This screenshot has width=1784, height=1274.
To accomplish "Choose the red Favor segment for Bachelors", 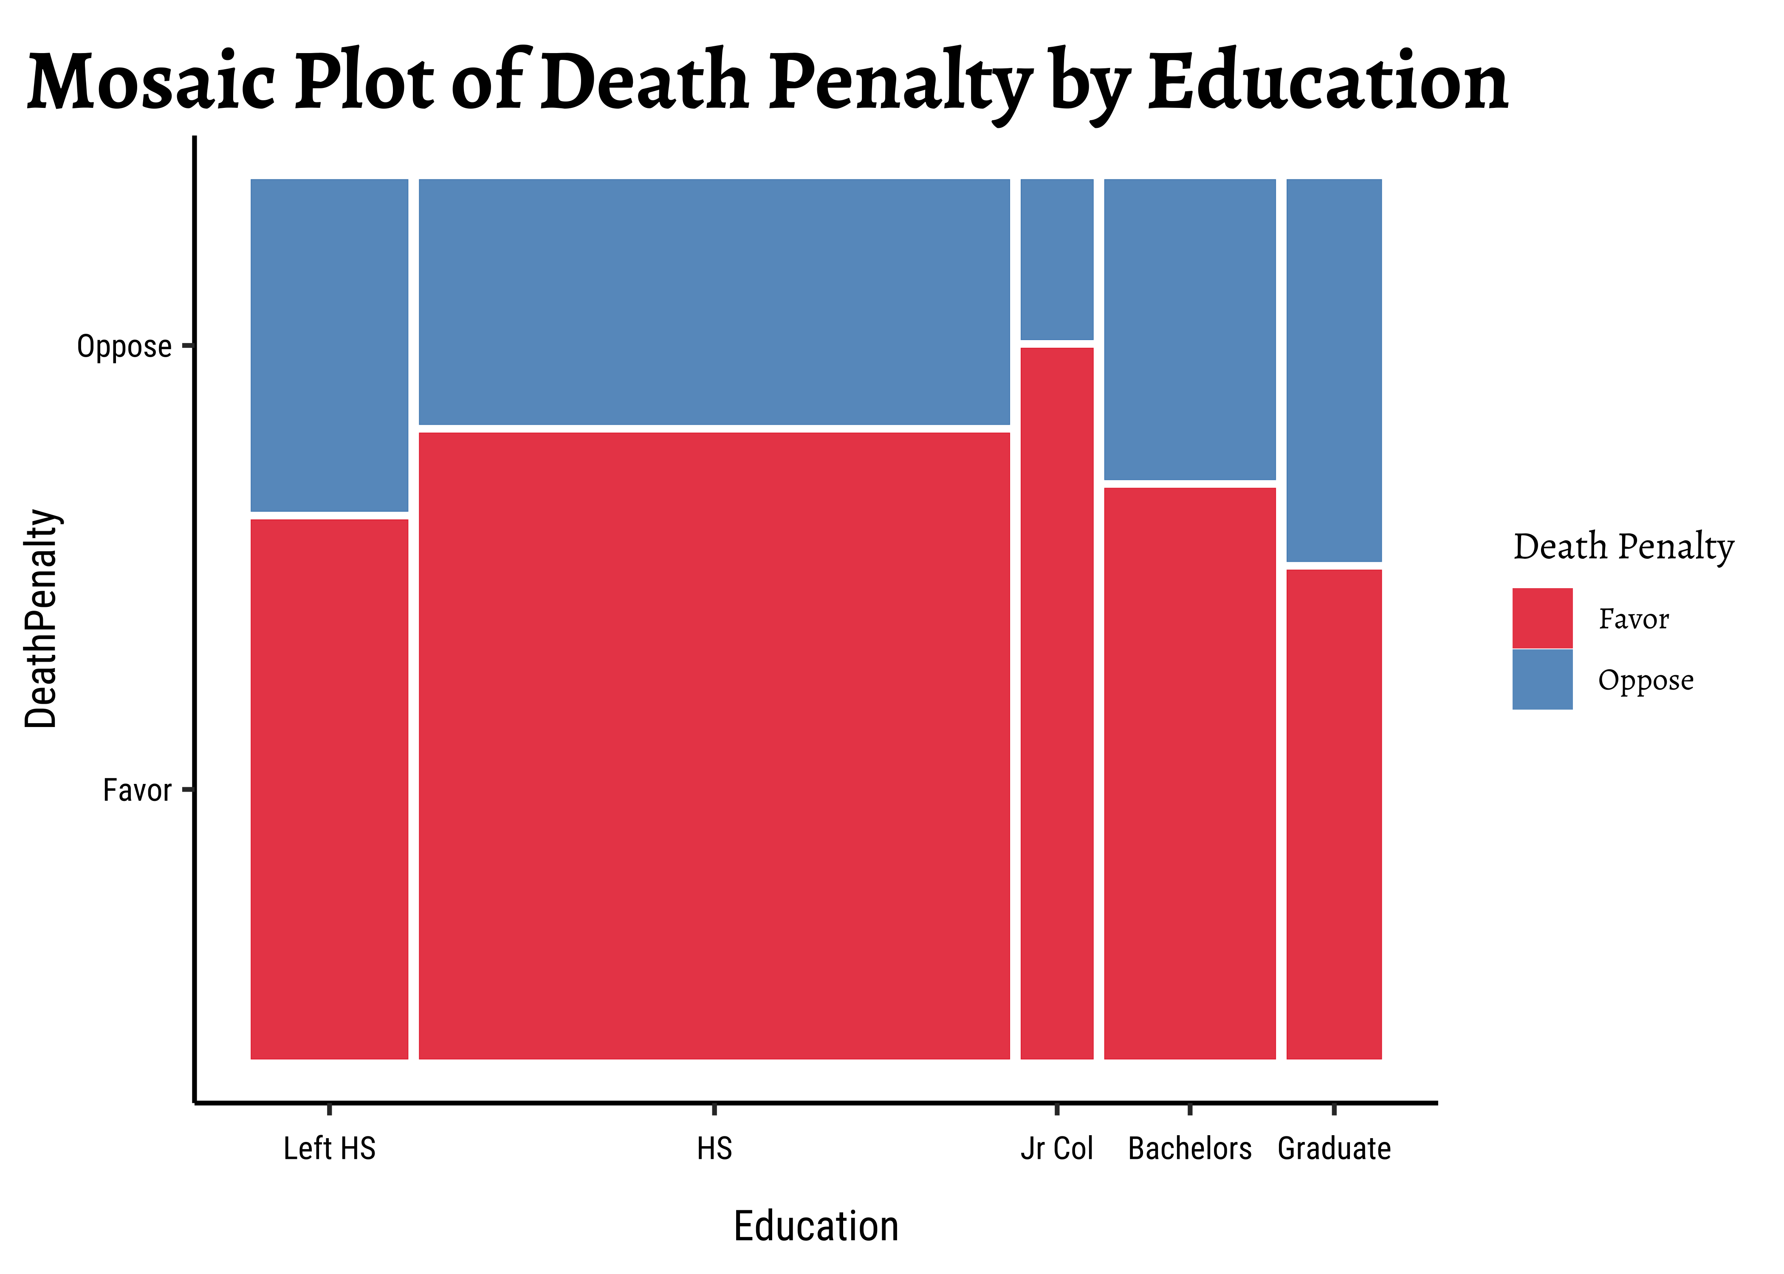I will point(1189,773).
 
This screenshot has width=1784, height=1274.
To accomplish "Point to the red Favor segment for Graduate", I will point(1334,814).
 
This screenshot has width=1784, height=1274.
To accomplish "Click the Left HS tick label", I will point(330,1148).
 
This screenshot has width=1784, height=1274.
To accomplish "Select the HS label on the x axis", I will point(714,1148).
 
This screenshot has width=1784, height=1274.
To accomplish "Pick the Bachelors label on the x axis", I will point(1189,1148).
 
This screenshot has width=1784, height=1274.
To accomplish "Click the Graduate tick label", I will point(1334,1148).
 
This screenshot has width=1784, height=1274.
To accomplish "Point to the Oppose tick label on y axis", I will point(124,346).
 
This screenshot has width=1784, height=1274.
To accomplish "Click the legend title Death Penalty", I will point(1623,547).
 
